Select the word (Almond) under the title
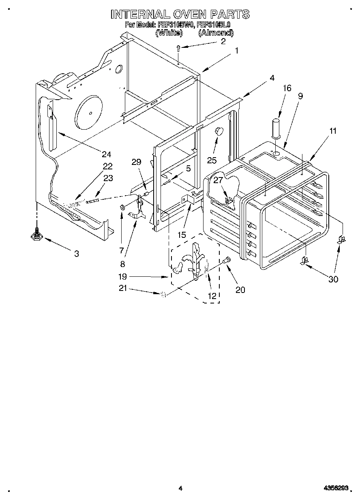pyautogui.click(x=216, y=33)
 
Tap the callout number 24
pyautogui.click(x=106, y=154)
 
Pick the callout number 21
pyautogui.click(x=122, y=288)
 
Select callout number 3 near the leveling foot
pyautogui.click(x=77, y=254)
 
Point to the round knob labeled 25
pyautogui.click(x=219, y=130)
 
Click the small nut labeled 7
pyautogui.click(x=122, y=208)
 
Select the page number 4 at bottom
pyautogui.click(x=180, y=489)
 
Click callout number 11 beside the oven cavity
pyautogui.click(x=333, y=131)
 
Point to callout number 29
pyautogui.click(x=136, y=162)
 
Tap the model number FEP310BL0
pyautogui.click(x=214, y=25)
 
